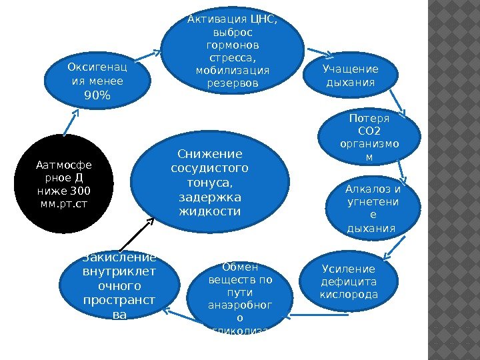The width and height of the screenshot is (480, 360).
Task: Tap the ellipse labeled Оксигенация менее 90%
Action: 97,82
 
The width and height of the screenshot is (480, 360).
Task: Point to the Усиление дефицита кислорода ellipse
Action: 349,283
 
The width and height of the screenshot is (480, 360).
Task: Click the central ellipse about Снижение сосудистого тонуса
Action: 211,183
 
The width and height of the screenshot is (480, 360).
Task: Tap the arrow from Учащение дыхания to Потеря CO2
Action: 393,103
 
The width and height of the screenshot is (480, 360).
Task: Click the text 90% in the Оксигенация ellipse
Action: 97,96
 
